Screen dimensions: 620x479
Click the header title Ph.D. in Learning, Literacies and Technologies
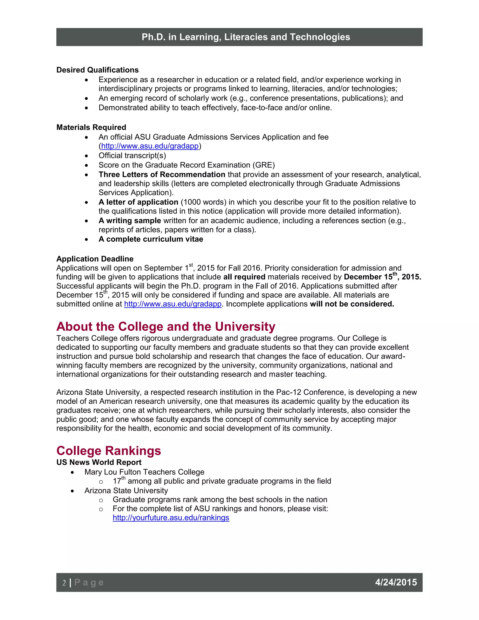(x=246, y=37)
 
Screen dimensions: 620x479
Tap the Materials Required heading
(x=91, y=127)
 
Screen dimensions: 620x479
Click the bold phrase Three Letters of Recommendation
(x=162, y=174)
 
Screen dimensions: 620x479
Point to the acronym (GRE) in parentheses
(x=265, y=165)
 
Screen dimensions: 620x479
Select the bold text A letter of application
(x=138, y=202)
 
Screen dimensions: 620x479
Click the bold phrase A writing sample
(x=130, y=221)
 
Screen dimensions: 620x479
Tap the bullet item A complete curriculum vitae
(x=151, y=239)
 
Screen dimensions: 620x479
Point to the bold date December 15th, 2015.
(x=382, y=277)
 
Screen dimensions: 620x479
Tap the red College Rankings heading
(x=109, y=451)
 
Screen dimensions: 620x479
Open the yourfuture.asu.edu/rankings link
(x=171, y=518)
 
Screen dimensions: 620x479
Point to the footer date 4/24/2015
(x=396, y=582)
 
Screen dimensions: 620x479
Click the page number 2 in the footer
(x=64, y=583)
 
